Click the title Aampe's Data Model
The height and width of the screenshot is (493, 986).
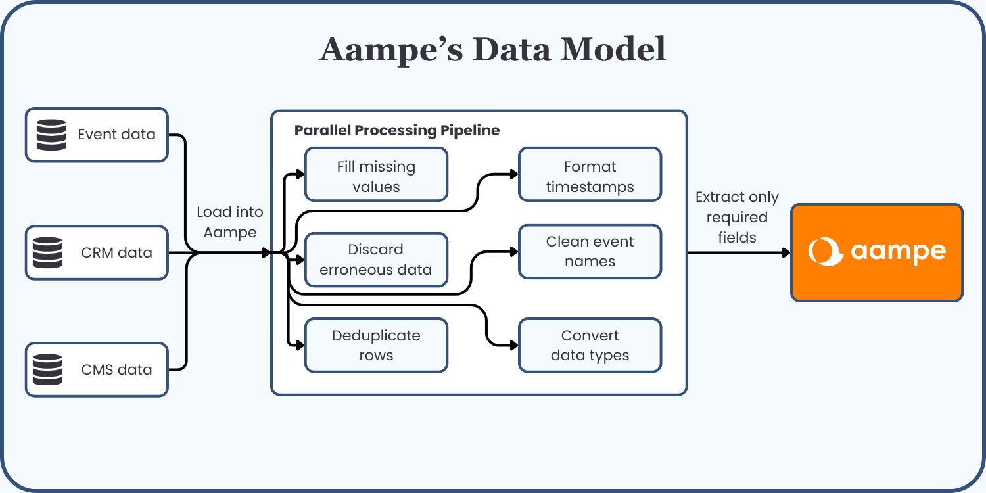point(492,50)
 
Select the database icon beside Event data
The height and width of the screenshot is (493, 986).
point(51,135)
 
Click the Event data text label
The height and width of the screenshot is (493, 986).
point(116,135)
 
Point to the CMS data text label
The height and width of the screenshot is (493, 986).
point(116,369)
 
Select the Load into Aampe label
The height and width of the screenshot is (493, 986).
point(230,222)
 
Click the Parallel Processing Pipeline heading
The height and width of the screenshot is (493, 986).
point(397,130)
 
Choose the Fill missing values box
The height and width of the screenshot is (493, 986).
point(376,174)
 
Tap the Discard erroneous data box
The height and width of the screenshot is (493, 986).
point(376,260)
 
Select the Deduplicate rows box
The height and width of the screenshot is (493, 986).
point(376,346)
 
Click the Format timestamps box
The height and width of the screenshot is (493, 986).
point(590,174)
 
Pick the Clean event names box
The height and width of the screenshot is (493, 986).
point(590,252)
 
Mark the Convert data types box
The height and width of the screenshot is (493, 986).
point(590,346)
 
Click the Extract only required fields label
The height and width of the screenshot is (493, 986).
point(737,217)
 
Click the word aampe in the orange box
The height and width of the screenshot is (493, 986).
point(898,252)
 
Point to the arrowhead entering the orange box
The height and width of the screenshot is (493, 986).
point(786,253)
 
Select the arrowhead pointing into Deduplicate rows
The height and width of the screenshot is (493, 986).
point(300,345)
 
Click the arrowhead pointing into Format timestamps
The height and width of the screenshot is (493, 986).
point(514,174)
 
